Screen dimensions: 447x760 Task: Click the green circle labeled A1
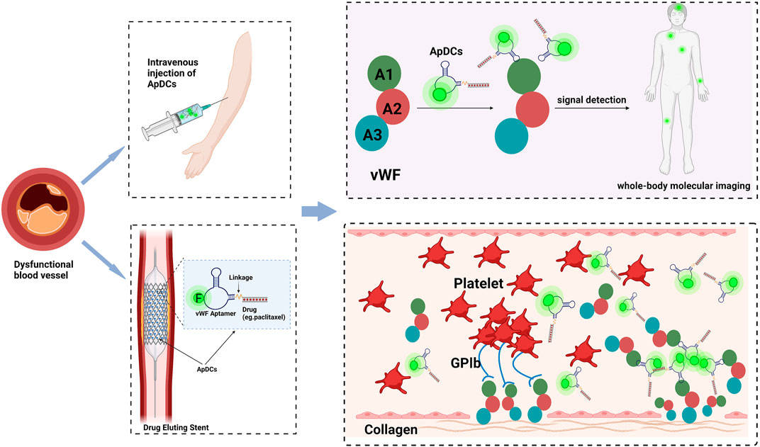[383, 74]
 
